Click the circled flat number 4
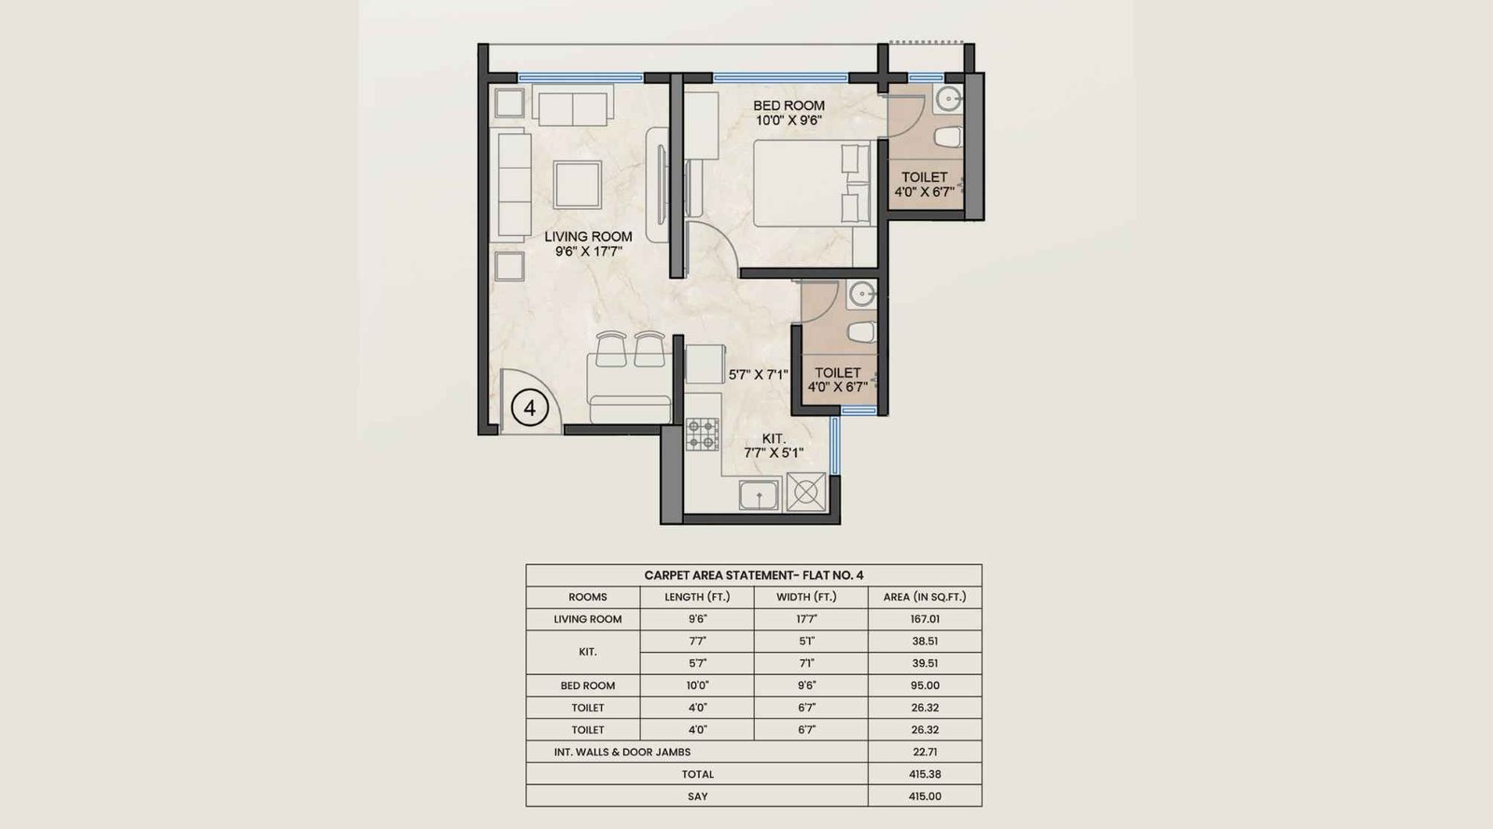[530, 408]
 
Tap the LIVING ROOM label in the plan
[588, 237]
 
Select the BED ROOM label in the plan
[788, 105]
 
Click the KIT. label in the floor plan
[774, 438]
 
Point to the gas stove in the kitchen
[703, 435]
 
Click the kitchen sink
[760, 494]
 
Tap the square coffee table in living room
[577, 184]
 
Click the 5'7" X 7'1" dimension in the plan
[758, 375]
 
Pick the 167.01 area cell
[924, 619]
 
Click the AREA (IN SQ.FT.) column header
[924, 597]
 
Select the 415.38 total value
[924, 774]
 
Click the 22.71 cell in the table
[924, 752]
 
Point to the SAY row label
[697, 796]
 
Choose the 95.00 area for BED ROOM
[924, 685]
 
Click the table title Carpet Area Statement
[753, 575]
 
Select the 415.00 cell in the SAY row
[924, 796]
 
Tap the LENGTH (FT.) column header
[697, 597]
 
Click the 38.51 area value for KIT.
[924, 642]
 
